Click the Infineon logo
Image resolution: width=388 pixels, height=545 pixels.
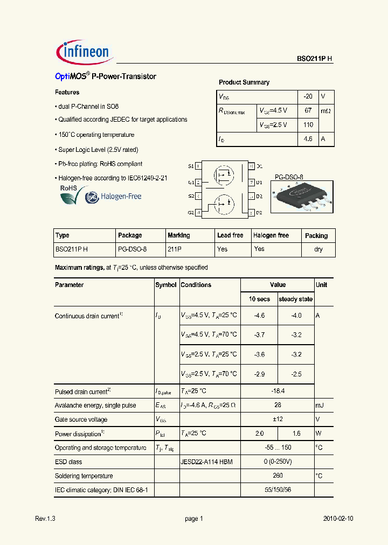tap(84, 52)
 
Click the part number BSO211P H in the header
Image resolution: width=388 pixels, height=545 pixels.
tap(315, 59)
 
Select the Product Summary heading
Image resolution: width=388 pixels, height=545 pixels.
tap(244, 82)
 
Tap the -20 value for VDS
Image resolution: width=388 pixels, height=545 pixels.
tap(308, 96)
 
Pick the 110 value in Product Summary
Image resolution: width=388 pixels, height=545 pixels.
tap(308, 124)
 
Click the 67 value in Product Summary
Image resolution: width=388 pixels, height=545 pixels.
tap(308, 110)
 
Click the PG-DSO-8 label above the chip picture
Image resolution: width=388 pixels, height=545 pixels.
tap(289, 177)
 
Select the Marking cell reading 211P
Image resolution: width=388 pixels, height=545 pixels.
tap(175, 249)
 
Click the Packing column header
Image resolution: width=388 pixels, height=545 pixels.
tap(316, 236)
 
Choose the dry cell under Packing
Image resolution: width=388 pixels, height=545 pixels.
tap(318, 249)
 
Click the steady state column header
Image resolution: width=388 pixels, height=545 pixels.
tap(295, 299)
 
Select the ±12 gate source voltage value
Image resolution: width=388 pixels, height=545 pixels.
tap(277, 420)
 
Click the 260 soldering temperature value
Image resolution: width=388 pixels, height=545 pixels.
tap(277, 476)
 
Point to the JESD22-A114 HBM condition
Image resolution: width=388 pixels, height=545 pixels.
tap(206, 462)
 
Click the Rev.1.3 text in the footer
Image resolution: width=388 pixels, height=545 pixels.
tap(45, 519)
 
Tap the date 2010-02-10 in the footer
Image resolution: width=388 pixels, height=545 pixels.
tap(338, 519)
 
